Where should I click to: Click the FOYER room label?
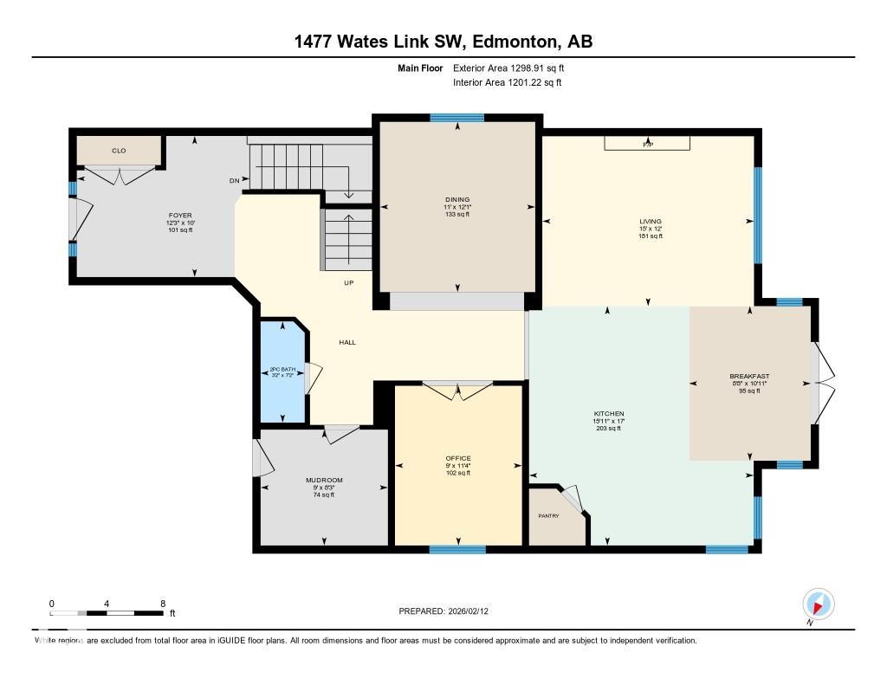tap(180, 215)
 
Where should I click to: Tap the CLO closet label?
tap(119, 151)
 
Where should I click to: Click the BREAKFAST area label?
tap(749, 376)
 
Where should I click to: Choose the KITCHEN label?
tap(610, 414)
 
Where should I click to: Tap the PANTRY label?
tap(548, 516)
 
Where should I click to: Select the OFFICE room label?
tap(458, 458)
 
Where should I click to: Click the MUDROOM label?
tap(324, 480)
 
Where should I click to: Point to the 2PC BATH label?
tap(282, 370)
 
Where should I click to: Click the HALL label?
tap(347, 342)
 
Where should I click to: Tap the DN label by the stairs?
tap(234, 181)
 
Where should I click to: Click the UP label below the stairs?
tap(348, 283)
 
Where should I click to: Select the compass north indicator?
tap(818, 604)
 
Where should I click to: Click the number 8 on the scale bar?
tap(163, 604)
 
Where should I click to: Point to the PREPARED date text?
tap(449, 611)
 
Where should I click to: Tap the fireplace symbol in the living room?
tap(647, 144)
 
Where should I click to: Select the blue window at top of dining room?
tap(457, 118)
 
